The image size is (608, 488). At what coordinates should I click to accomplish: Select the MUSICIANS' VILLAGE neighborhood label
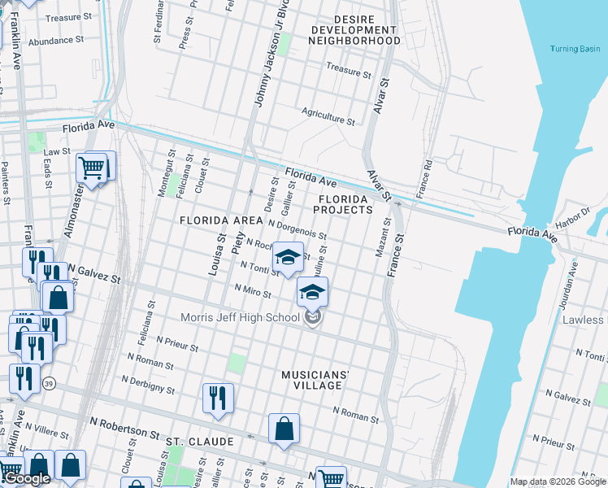tap(315, 379)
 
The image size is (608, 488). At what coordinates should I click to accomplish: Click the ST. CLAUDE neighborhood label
tap(200, 442)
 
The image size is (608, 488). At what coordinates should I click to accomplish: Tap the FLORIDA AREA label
tap(220, 220)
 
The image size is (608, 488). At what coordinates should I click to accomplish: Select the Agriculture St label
tap(328, 117)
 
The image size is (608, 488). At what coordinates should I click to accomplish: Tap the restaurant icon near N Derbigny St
tap(218, 398)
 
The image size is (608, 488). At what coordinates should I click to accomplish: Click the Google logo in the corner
tap(26, 478)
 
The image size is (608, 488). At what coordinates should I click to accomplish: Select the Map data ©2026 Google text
tap(558, 481)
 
